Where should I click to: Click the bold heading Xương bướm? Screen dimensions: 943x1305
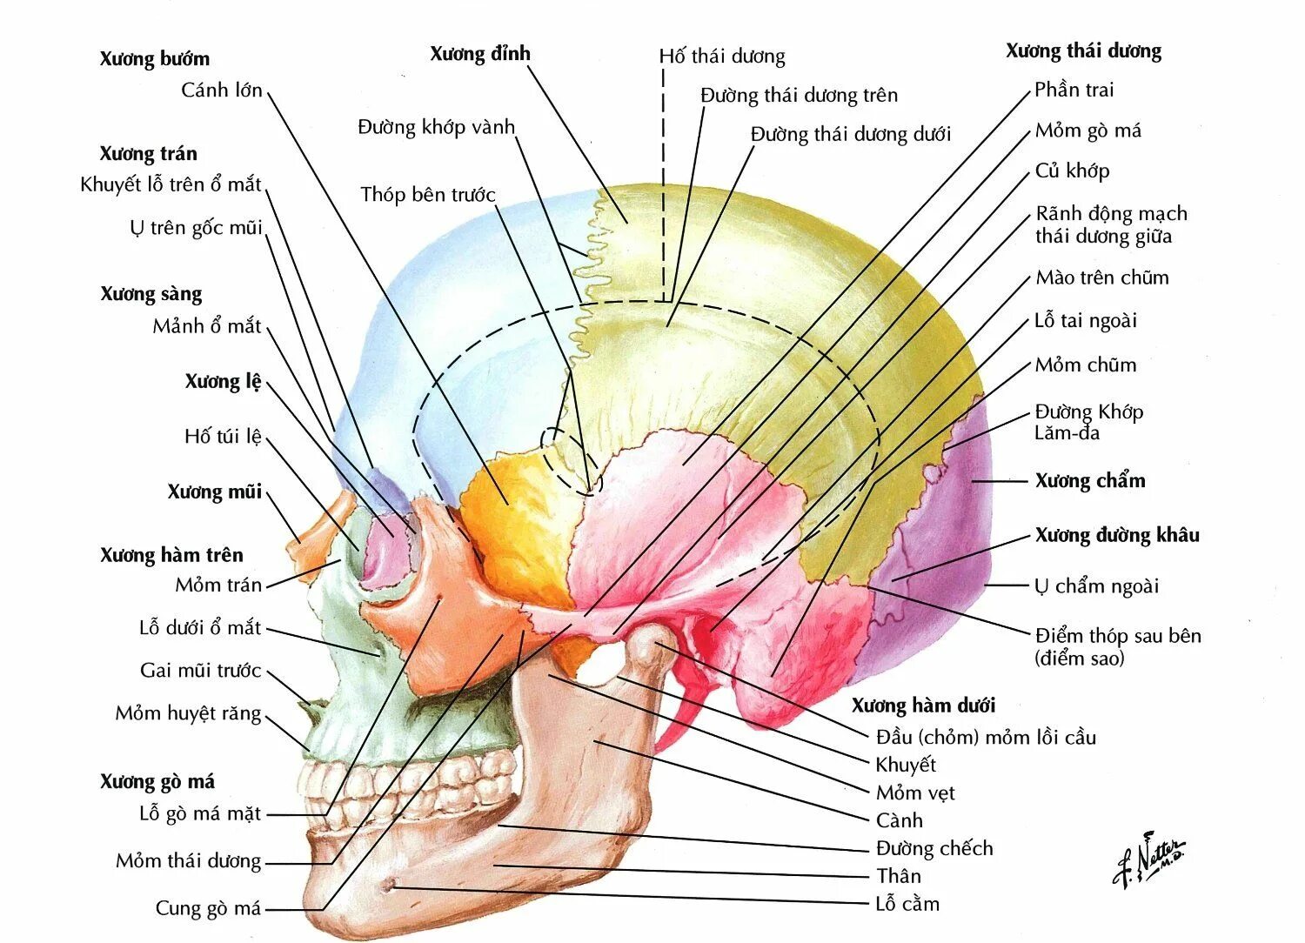154,59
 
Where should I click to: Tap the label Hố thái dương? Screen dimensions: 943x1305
721,57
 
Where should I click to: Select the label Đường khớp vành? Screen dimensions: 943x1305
436,127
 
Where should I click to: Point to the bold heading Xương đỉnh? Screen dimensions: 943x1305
479,54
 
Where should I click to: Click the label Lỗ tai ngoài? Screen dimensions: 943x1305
1085,321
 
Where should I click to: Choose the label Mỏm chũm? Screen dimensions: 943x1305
1085,365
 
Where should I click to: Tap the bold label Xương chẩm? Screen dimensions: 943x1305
1089,480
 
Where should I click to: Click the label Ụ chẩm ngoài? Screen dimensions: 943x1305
1096,586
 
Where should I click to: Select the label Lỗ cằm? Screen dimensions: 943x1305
907,904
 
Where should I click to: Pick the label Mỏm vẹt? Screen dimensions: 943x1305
914,793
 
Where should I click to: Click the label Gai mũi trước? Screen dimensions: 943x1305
200,671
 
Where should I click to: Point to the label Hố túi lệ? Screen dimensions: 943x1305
222,436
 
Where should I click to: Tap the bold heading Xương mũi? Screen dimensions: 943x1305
214,492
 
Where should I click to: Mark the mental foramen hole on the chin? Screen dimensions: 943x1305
389,886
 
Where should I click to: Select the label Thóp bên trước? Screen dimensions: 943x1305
427,194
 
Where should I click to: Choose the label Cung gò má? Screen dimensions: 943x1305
208,909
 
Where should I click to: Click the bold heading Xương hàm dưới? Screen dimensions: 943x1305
922,706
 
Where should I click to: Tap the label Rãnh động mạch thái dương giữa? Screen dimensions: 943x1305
1111,224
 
